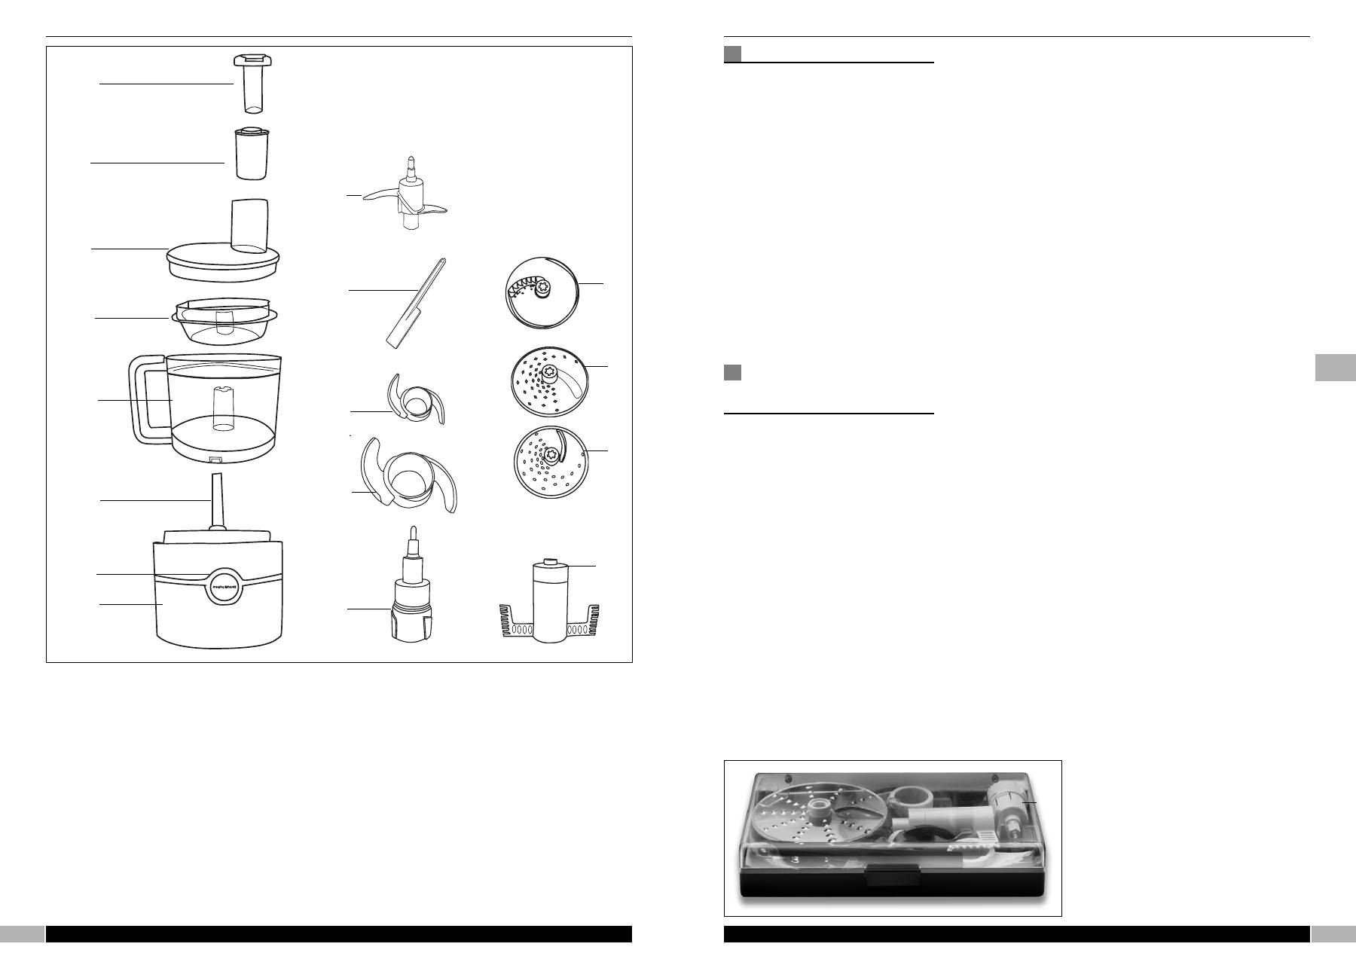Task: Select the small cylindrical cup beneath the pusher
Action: click(x=252, y=154)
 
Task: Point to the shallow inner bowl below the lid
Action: click(x=224, y=321)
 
